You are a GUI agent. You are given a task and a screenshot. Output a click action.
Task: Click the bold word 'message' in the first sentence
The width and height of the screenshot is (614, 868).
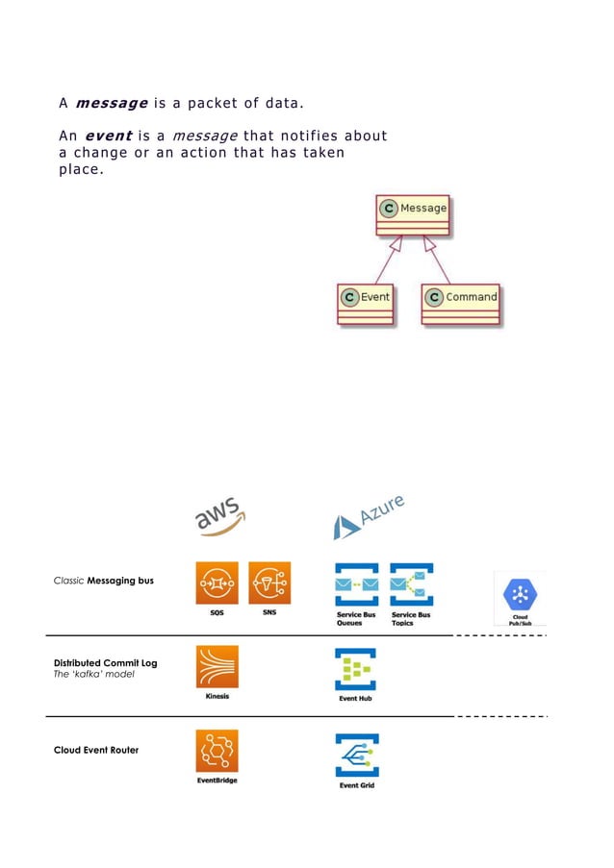111,103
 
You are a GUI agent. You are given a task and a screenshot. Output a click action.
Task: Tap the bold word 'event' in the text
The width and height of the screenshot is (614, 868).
108,136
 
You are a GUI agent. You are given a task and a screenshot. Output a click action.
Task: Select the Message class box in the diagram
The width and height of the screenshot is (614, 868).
412,216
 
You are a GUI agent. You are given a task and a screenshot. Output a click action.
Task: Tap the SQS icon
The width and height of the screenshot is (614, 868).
217,583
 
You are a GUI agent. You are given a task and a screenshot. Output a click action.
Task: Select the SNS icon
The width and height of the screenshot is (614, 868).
269,583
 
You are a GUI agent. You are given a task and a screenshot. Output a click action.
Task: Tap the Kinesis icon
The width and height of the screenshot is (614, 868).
217,667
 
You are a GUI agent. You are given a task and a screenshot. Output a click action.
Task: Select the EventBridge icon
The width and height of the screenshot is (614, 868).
217,751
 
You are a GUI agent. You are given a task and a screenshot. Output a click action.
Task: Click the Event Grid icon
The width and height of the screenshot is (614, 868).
355,756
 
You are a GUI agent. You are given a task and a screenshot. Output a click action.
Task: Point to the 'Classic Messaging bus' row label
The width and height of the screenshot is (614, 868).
103,581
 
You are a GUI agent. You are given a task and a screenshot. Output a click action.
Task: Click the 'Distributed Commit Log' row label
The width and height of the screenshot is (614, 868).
105,663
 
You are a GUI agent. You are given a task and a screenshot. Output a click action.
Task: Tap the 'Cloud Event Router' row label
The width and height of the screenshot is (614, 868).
96,750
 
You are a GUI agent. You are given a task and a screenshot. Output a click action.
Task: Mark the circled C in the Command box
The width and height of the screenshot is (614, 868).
434,297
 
